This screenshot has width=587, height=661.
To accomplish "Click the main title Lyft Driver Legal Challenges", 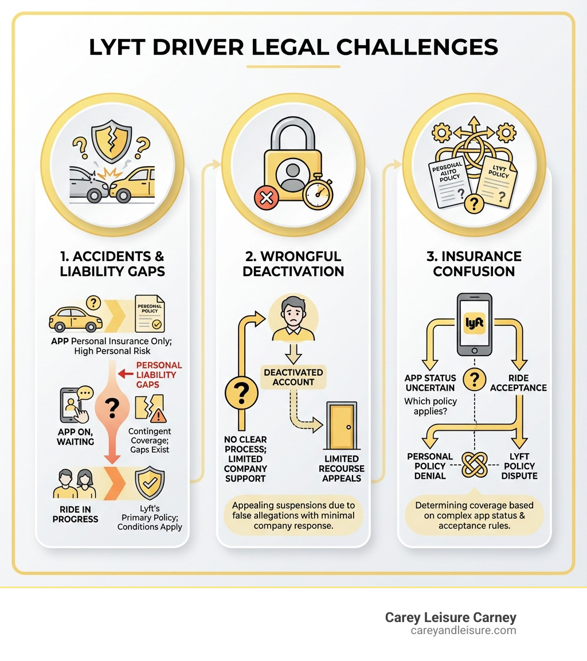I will click(x=293, y=47).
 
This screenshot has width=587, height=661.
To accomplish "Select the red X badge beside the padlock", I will click(x=265, y=198).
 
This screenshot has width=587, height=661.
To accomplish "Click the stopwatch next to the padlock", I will click(x=318, y=194).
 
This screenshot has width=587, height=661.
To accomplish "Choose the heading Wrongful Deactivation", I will click(x=293, y=263).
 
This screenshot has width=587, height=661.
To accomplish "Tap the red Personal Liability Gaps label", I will click(x=159, y=375).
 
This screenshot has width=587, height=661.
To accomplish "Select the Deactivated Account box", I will click(x=293, y=377).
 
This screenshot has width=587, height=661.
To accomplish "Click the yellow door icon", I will click(x=341, y=426).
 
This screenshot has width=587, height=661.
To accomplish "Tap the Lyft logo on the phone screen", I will click(x=475, y=323).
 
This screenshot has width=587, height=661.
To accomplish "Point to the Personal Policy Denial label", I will click(x=430, y=466).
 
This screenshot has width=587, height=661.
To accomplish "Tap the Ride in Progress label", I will click(x=75, y=514).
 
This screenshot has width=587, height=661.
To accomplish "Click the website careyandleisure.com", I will click(x=463, y=631).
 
